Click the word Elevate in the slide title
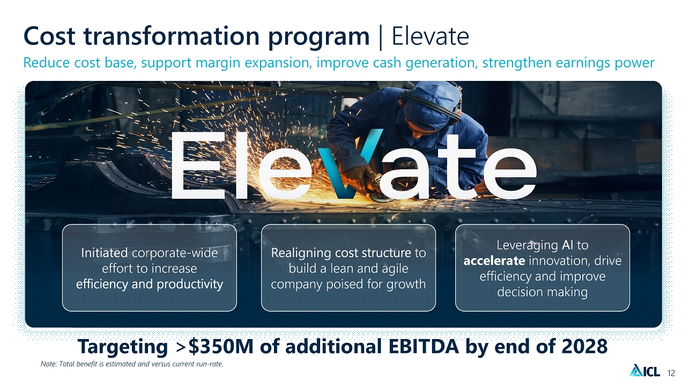[430, 36]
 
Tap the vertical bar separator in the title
[381, 37]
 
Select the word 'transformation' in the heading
[172, 36]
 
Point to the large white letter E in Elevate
[198, 166]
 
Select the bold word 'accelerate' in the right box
[494, 260]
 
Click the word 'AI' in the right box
[568, 245]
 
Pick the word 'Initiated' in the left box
[104, 253]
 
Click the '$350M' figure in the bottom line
[221, 346]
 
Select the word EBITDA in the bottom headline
[424, 346]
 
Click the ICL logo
[644, 370]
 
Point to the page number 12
[671, 373]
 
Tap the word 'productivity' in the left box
[190, 284]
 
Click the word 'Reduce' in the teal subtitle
[46, 63]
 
